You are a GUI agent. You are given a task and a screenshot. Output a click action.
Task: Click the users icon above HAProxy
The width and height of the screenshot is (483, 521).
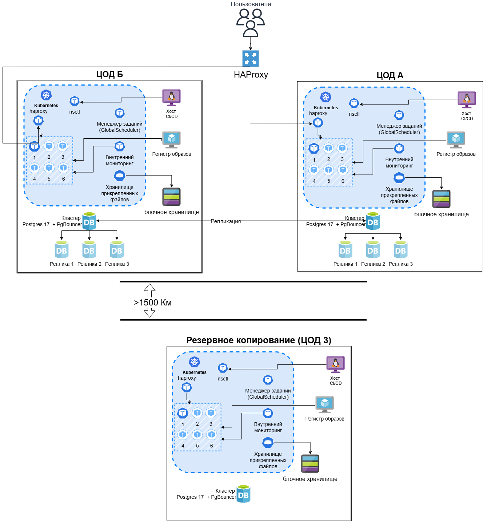coord(251,23)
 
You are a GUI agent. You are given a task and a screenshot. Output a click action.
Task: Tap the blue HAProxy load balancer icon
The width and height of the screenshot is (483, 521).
coord(251,58)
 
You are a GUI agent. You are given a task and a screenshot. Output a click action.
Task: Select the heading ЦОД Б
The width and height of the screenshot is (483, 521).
coord(109,74)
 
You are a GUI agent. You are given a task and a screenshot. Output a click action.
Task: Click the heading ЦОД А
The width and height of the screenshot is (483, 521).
coord(390,75)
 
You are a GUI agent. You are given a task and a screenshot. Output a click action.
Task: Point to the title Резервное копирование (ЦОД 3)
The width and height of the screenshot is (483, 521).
coord(259,340)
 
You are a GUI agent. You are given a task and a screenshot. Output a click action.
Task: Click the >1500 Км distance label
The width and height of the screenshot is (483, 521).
coord(153,303)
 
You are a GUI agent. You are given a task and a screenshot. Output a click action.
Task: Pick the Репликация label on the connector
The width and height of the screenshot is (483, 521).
coord(225,221)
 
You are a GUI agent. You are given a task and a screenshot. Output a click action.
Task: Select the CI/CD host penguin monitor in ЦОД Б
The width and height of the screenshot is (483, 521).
coord(171,98)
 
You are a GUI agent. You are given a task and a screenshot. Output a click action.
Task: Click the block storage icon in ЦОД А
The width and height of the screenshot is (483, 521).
coord(441,199)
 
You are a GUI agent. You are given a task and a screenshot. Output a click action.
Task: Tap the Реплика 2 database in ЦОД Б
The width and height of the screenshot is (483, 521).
coord(89,250)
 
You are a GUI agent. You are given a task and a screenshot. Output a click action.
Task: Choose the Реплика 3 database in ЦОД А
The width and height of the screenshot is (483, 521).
coord(400,250)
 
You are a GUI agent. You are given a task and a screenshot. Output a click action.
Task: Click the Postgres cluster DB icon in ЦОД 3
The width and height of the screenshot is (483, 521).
coord(243,494)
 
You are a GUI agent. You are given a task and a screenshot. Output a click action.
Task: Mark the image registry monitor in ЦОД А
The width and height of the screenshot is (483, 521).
coord(456,139)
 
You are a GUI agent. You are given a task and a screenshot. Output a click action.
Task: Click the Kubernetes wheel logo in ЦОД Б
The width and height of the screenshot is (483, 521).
coord(46,95)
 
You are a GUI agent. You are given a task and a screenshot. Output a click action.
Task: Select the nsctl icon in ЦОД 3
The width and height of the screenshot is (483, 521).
coord(223,368)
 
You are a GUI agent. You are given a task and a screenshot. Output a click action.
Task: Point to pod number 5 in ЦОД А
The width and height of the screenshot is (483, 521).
coord(328,170)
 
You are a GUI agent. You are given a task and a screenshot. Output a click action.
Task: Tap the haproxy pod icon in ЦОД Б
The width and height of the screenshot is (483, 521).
coord(38,120)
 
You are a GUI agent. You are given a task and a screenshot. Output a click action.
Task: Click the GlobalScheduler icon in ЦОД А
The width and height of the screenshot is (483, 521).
coord(399,115)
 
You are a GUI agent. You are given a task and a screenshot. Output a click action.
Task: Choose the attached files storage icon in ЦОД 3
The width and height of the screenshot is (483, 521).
coord(268,443)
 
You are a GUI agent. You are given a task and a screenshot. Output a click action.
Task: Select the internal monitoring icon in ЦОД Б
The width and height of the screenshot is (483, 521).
coord(120,146)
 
